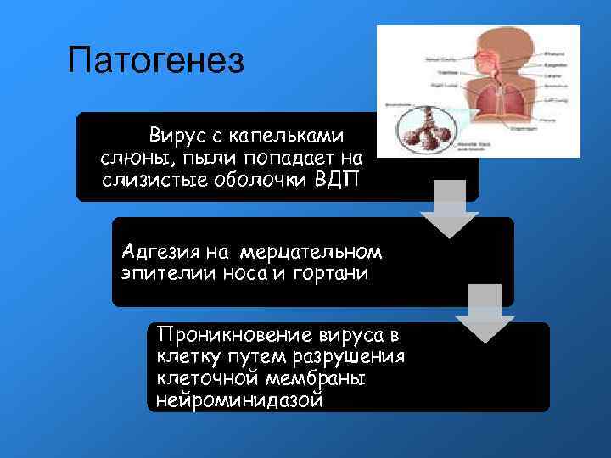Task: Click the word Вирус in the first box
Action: click(176, 135)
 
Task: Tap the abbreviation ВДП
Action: click(339, 179)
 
